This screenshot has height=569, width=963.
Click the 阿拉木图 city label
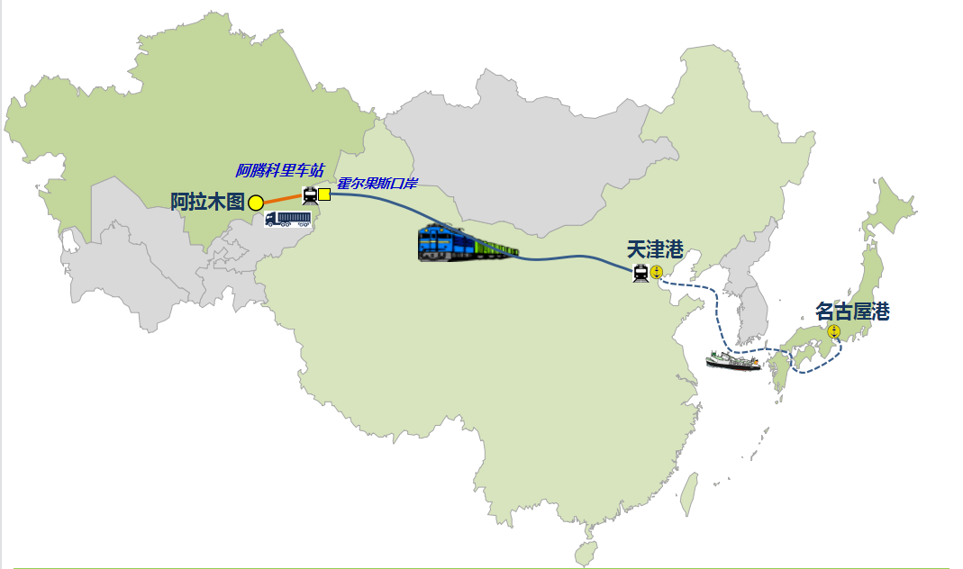pyautogui.click(x=207, y=202)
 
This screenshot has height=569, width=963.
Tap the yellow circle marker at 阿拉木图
pyautogui.click(x=256, y=203)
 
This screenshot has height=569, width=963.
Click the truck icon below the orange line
pyautogui.click(x=287, y=219)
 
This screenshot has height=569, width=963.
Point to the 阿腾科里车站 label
pyautogui.click(x=279, y=170)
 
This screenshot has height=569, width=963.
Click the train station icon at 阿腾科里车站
pyautogui.click(x=310, y=194)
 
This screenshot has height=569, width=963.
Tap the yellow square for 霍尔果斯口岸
pyautogui.click(x=324, y=194)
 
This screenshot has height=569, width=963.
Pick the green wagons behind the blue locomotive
pyautogui.click(x=495, y=248)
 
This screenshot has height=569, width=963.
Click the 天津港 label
pyautogui.click(x=656, y=249)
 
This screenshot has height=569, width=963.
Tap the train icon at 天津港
pyautogui.click(x=640, y=273)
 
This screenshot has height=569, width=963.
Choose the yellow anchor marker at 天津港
pyautogui.click(x=657, y=272)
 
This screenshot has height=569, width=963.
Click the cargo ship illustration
pyautogui.click(x=733, y=362)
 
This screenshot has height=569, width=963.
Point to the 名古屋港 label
pyautogui.click(x=852, y=312)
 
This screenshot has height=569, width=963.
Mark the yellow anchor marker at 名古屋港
pyautogui.click(x=834, y=331)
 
